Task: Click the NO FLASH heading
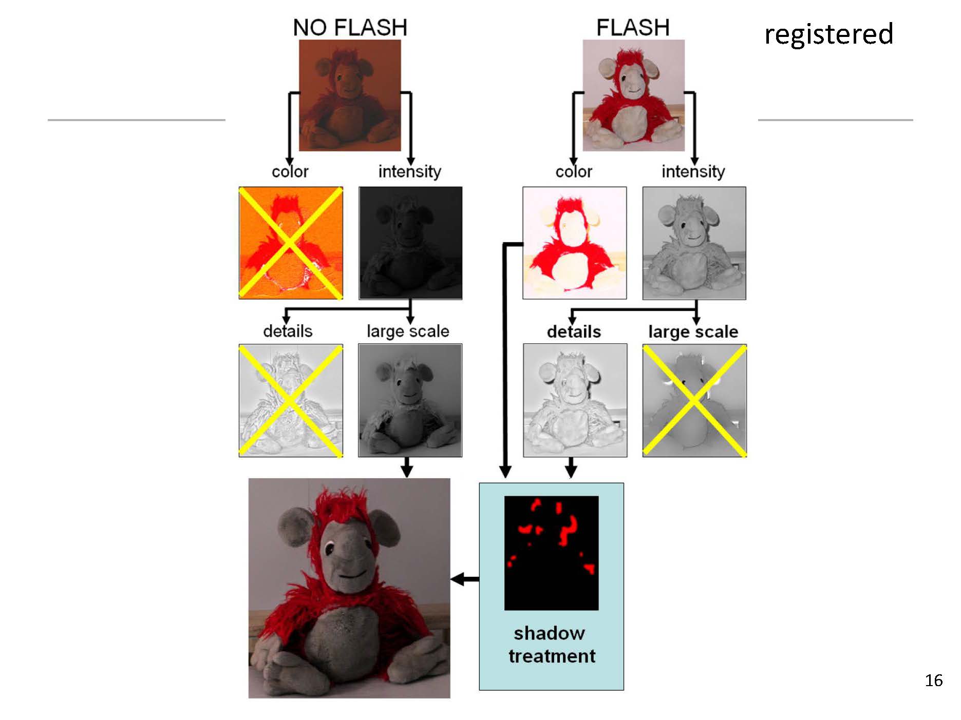click(x=350, y=28)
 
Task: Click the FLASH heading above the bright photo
click(x=633, y=28)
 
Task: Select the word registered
click(x=828, y=34)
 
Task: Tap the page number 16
click(x=933, y=680)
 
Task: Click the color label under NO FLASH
click(x=290, y=171)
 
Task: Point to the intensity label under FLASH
click(x=693, y=171)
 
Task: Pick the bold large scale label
click(x=693, y=332)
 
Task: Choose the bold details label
click(x=574, y=332)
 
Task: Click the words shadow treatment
click(x=551, y=645)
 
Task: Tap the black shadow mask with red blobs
click(x=551, y=553)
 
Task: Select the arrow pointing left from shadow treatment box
click(x=465, y=579)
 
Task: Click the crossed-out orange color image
click(x=291, y=243)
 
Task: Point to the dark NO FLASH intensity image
click(x=410, y=243)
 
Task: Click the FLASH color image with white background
click(x=574, y=243)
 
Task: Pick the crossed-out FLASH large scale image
click(x=694, y=400)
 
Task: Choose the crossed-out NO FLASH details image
click(x=291, y=400)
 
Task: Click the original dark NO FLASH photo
click(x=350, y=95)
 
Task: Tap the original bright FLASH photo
click(x=633, y=95)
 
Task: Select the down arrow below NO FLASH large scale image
click(x=407, y=467)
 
